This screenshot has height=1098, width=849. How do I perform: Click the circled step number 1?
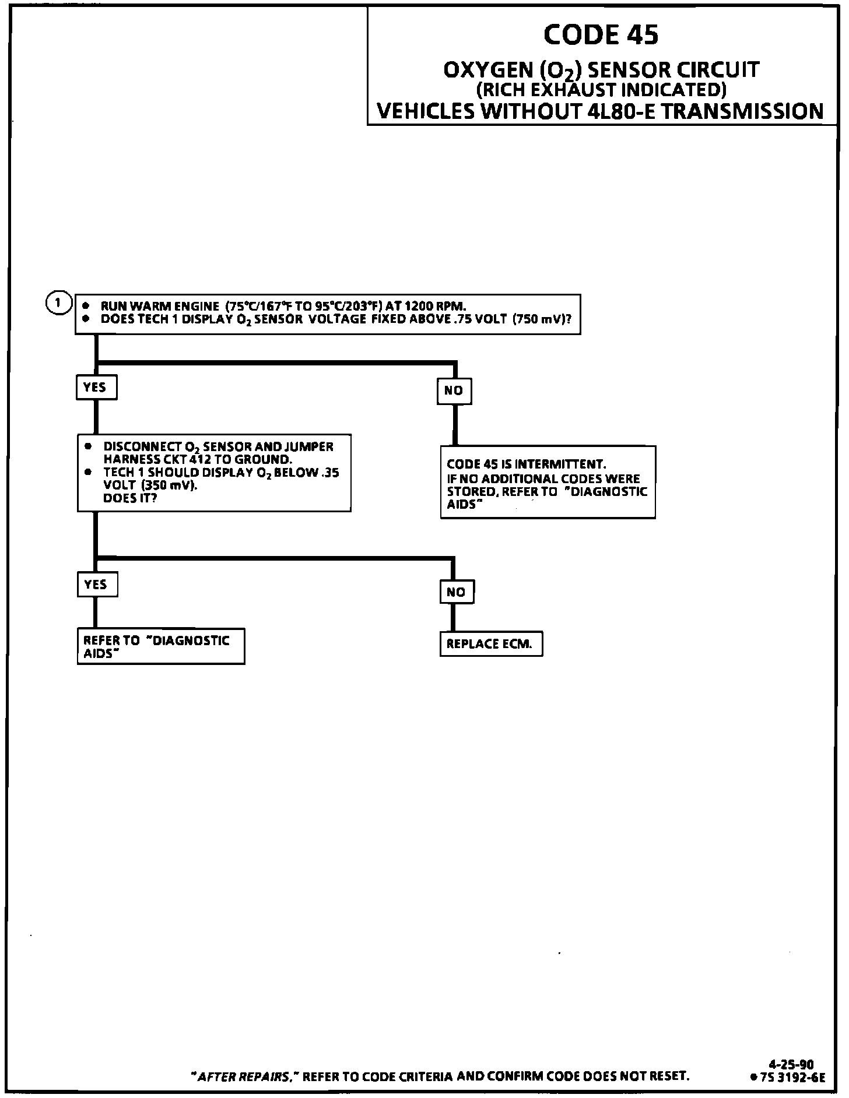[58, 303]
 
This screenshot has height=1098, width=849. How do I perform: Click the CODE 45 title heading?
[601, 35]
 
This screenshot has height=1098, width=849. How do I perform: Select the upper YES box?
[96, 388]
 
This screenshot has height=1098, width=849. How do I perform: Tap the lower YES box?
[97, 585]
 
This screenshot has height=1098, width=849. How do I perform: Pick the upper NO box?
[454, 391]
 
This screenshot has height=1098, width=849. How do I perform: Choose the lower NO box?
[456, 592]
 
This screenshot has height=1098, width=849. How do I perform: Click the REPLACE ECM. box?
[490, 644]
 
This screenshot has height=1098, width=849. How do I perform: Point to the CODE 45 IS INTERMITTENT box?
[547, 483]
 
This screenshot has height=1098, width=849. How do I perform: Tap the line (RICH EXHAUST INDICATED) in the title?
[601, 90]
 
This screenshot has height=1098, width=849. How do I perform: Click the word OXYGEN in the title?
[487, 71]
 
